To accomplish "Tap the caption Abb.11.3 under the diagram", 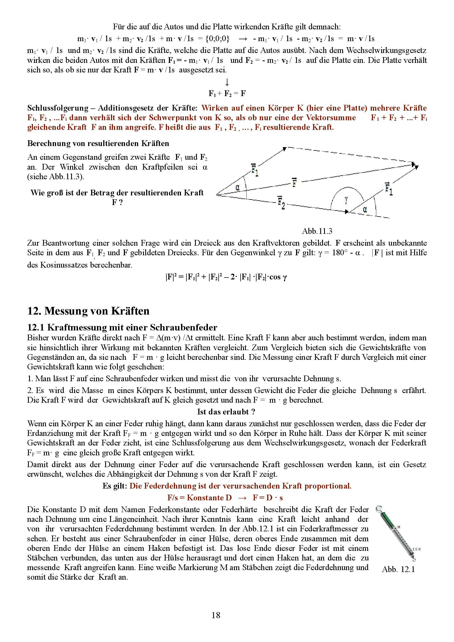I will coord(317,231).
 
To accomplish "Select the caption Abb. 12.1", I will coord(398,569).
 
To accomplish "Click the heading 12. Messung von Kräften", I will coord(88,311).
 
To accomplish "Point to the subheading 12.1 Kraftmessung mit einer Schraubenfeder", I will coord(122,327).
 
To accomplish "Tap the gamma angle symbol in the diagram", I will coord(346,200).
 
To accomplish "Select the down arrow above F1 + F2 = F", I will coord(227,82).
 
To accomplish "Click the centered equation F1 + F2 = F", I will coord(227,93).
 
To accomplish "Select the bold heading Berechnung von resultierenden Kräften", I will coord(98,144).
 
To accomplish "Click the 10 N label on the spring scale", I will coord(417,549).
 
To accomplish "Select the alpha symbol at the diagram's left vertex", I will coord(238,188).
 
